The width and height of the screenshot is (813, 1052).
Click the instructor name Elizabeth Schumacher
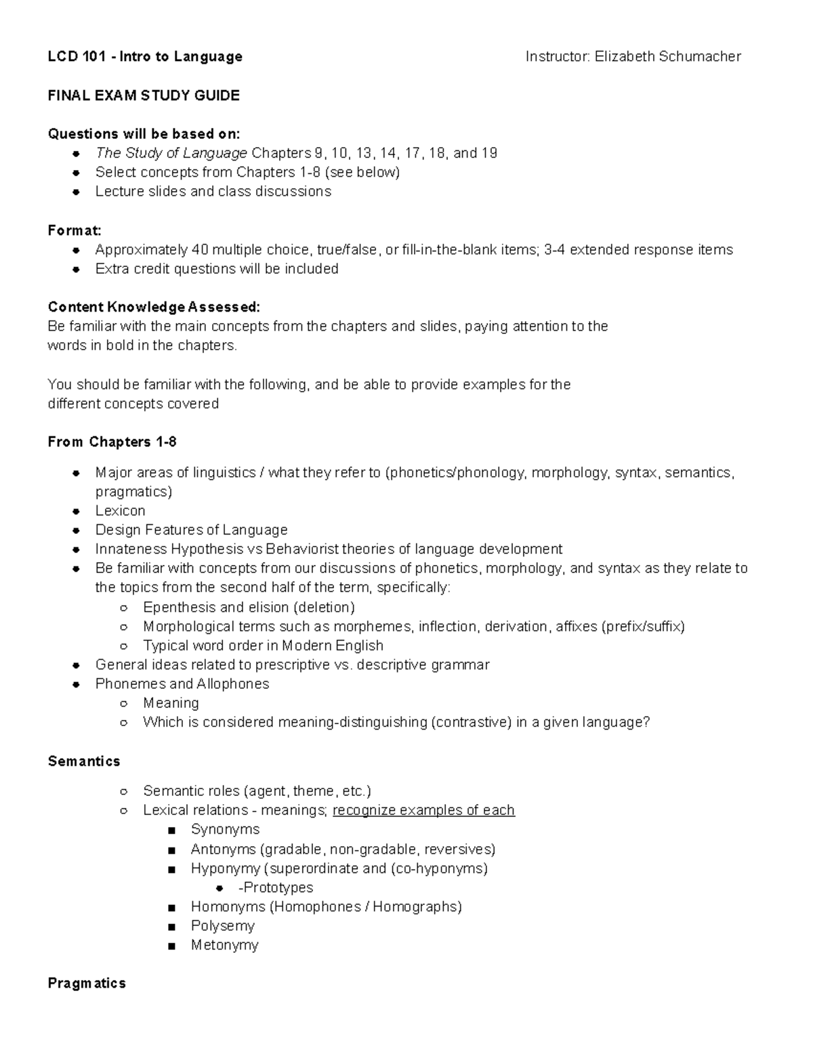click(x=667, y=57)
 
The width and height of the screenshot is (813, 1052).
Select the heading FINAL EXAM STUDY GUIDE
click(x=144, y=96)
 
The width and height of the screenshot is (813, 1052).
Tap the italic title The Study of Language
click(x=171, y=153)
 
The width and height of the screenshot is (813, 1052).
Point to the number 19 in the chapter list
click(x=489, y=153)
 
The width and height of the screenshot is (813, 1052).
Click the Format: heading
click(x=75, y=230)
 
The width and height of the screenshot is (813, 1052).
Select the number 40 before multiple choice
click(x=201, y=250)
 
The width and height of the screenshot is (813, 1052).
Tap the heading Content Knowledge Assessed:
click(x=154, y=308)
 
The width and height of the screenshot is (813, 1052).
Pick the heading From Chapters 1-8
click(x=112, y=442)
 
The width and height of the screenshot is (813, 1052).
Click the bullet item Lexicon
click(x=120, y=511)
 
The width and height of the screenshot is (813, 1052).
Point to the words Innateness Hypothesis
click(x=169, y=549)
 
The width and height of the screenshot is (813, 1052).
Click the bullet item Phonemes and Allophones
click(x=182, y=684)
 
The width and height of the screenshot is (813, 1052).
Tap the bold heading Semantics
click(x=84, y=761)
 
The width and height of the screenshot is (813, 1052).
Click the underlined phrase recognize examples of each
click(x=423, y=810)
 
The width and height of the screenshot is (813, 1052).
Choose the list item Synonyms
click(x=225, y=830)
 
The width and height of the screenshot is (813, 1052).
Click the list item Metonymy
click(x=224, y=945)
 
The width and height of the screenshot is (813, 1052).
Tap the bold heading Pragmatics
click(x=87, y=984)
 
